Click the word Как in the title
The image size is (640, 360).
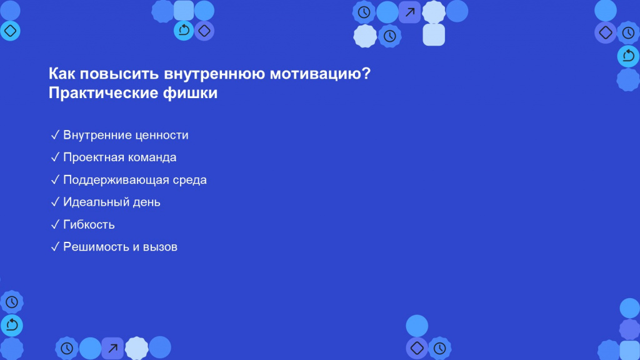tap(62, 74)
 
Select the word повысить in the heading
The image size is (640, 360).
tap(119, 74)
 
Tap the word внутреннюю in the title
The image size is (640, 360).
tap(214, 74)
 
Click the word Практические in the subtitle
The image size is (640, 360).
tap(103, 93)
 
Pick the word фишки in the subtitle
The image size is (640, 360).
tap(191, 93)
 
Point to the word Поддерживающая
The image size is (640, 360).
tap(116, 180)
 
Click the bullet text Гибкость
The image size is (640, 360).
tap(89, 225)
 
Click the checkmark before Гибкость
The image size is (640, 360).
tap(55, 224)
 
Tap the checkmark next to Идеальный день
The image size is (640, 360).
tap(55, 202)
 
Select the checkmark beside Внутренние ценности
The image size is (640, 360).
tap(55, 135)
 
